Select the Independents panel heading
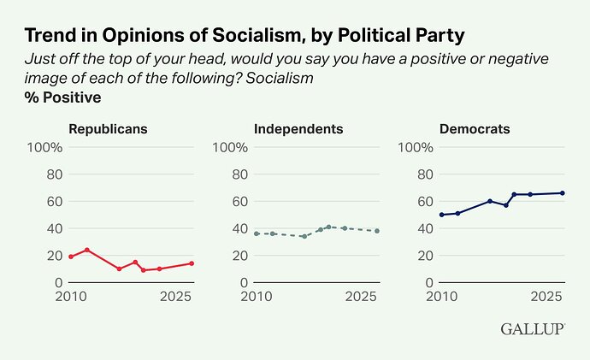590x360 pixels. tap(298, 129)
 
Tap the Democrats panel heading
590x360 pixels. tap(475, 129)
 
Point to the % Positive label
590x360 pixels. tap(62, 97)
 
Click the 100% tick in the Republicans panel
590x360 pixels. tap(45, 147)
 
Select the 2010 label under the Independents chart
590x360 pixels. tap(254, 297)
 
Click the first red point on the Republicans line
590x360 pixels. tap(71, 257)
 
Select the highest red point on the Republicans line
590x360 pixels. tap(87, 250)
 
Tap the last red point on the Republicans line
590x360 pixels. tap(192, 263)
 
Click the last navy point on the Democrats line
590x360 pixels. tap(562, 192)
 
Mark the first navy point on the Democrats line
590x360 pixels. tap(441, 215)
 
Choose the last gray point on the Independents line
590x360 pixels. tap(377, 231)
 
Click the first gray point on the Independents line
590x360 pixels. tap(257, 233)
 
